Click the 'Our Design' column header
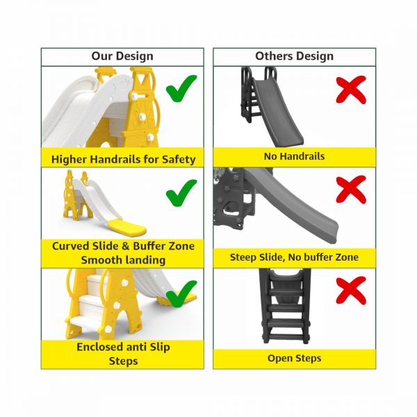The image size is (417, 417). coord(122,56)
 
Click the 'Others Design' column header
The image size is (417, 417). coord(294,56)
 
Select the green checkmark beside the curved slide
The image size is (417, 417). coord(181,193)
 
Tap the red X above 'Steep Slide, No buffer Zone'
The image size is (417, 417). coord(351,189)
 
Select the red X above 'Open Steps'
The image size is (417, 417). coord(351,291)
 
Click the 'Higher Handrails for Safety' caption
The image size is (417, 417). coord(122,159)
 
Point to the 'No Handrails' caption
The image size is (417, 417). coord(294,157)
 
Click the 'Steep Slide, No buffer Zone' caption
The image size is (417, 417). coord(294,257)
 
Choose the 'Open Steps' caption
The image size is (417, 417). coord(294,359)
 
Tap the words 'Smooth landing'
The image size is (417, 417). coord(122,260)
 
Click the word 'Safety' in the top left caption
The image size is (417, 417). coord(179,159)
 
